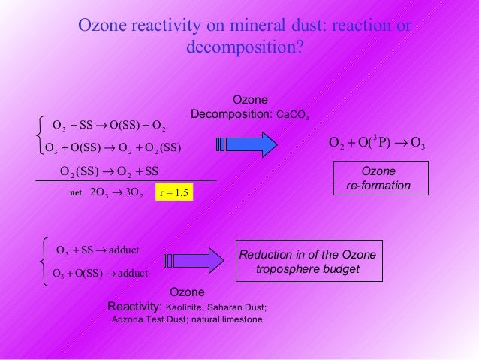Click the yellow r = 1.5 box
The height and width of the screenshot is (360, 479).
(x=173, y=194)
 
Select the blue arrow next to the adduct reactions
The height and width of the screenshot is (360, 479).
(x=194, y=260)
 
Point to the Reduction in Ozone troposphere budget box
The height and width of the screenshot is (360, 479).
(x=309, y=262)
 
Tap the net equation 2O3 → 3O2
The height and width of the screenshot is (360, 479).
(x=116, y=194)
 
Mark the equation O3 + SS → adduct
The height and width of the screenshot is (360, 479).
(x=98, y=250)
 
